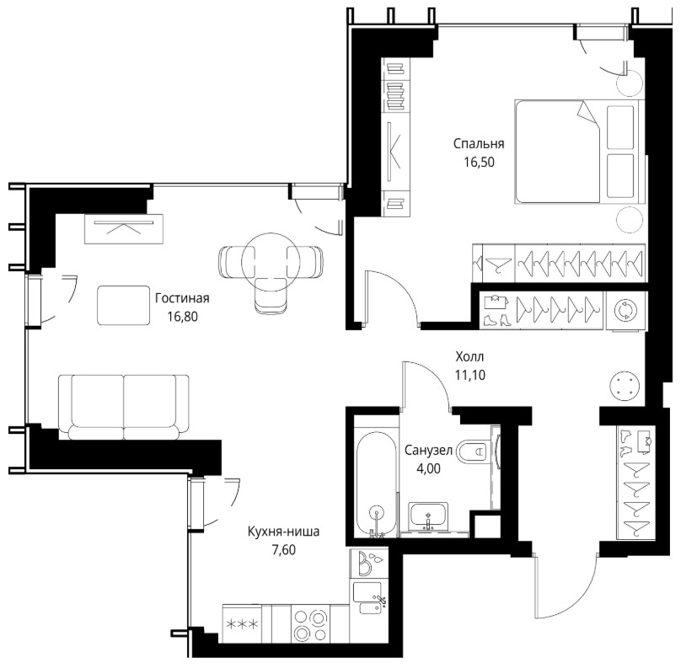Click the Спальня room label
pos(479,144)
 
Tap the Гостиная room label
pos(182,298)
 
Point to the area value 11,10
pos(469,376)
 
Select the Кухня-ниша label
pos(283,532)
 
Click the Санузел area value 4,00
pos(428,468)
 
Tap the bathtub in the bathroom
pos(376,483)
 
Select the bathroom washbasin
pos(428,516)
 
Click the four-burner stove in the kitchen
pos(311,625)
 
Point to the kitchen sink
pos(368,599)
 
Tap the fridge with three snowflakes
pos(242,624)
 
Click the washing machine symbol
pos(625,310)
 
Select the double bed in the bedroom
pos(579,152)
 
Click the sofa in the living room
pos(124,407)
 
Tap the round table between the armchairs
pos(271,262)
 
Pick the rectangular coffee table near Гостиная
pos(124,306)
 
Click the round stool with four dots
pos(625,386)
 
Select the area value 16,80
pos(182,317)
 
